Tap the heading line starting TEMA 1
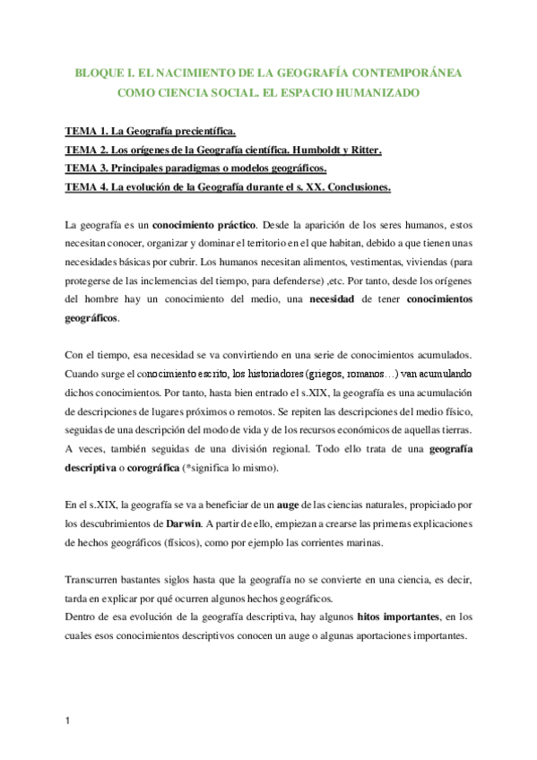coord(152,132)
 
